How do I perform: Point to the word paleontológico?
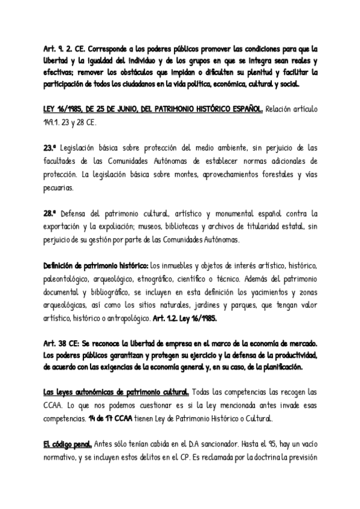pos(67,279)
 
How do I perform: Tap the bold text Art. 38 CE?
pos(63,342)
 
